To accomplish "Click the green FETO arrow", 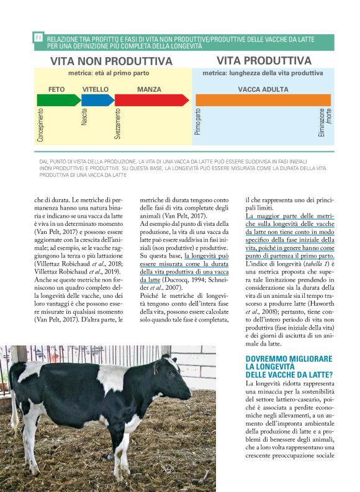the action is pyautogui.click(x=59, y=100).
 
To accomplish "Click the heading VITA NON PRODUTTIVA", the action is pyautogui.click(x=111, y=61).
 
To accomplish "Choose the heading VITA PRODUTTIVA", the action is pyautogui.click(x=264, y=61).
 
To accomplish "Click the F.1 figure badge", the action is pyautogui.click(x=38, y=38).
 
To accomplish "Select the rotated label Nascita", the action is pyautogui.click(x=84, y=117).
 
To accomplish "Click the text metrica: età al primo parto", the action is pyautogui.click(x=111, y=73).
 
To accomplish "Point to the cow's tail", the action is pyautogui.click(x=14, y=409).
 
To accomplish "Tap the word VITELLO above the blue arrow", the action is pyautogui.click(x=96, y=89).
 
